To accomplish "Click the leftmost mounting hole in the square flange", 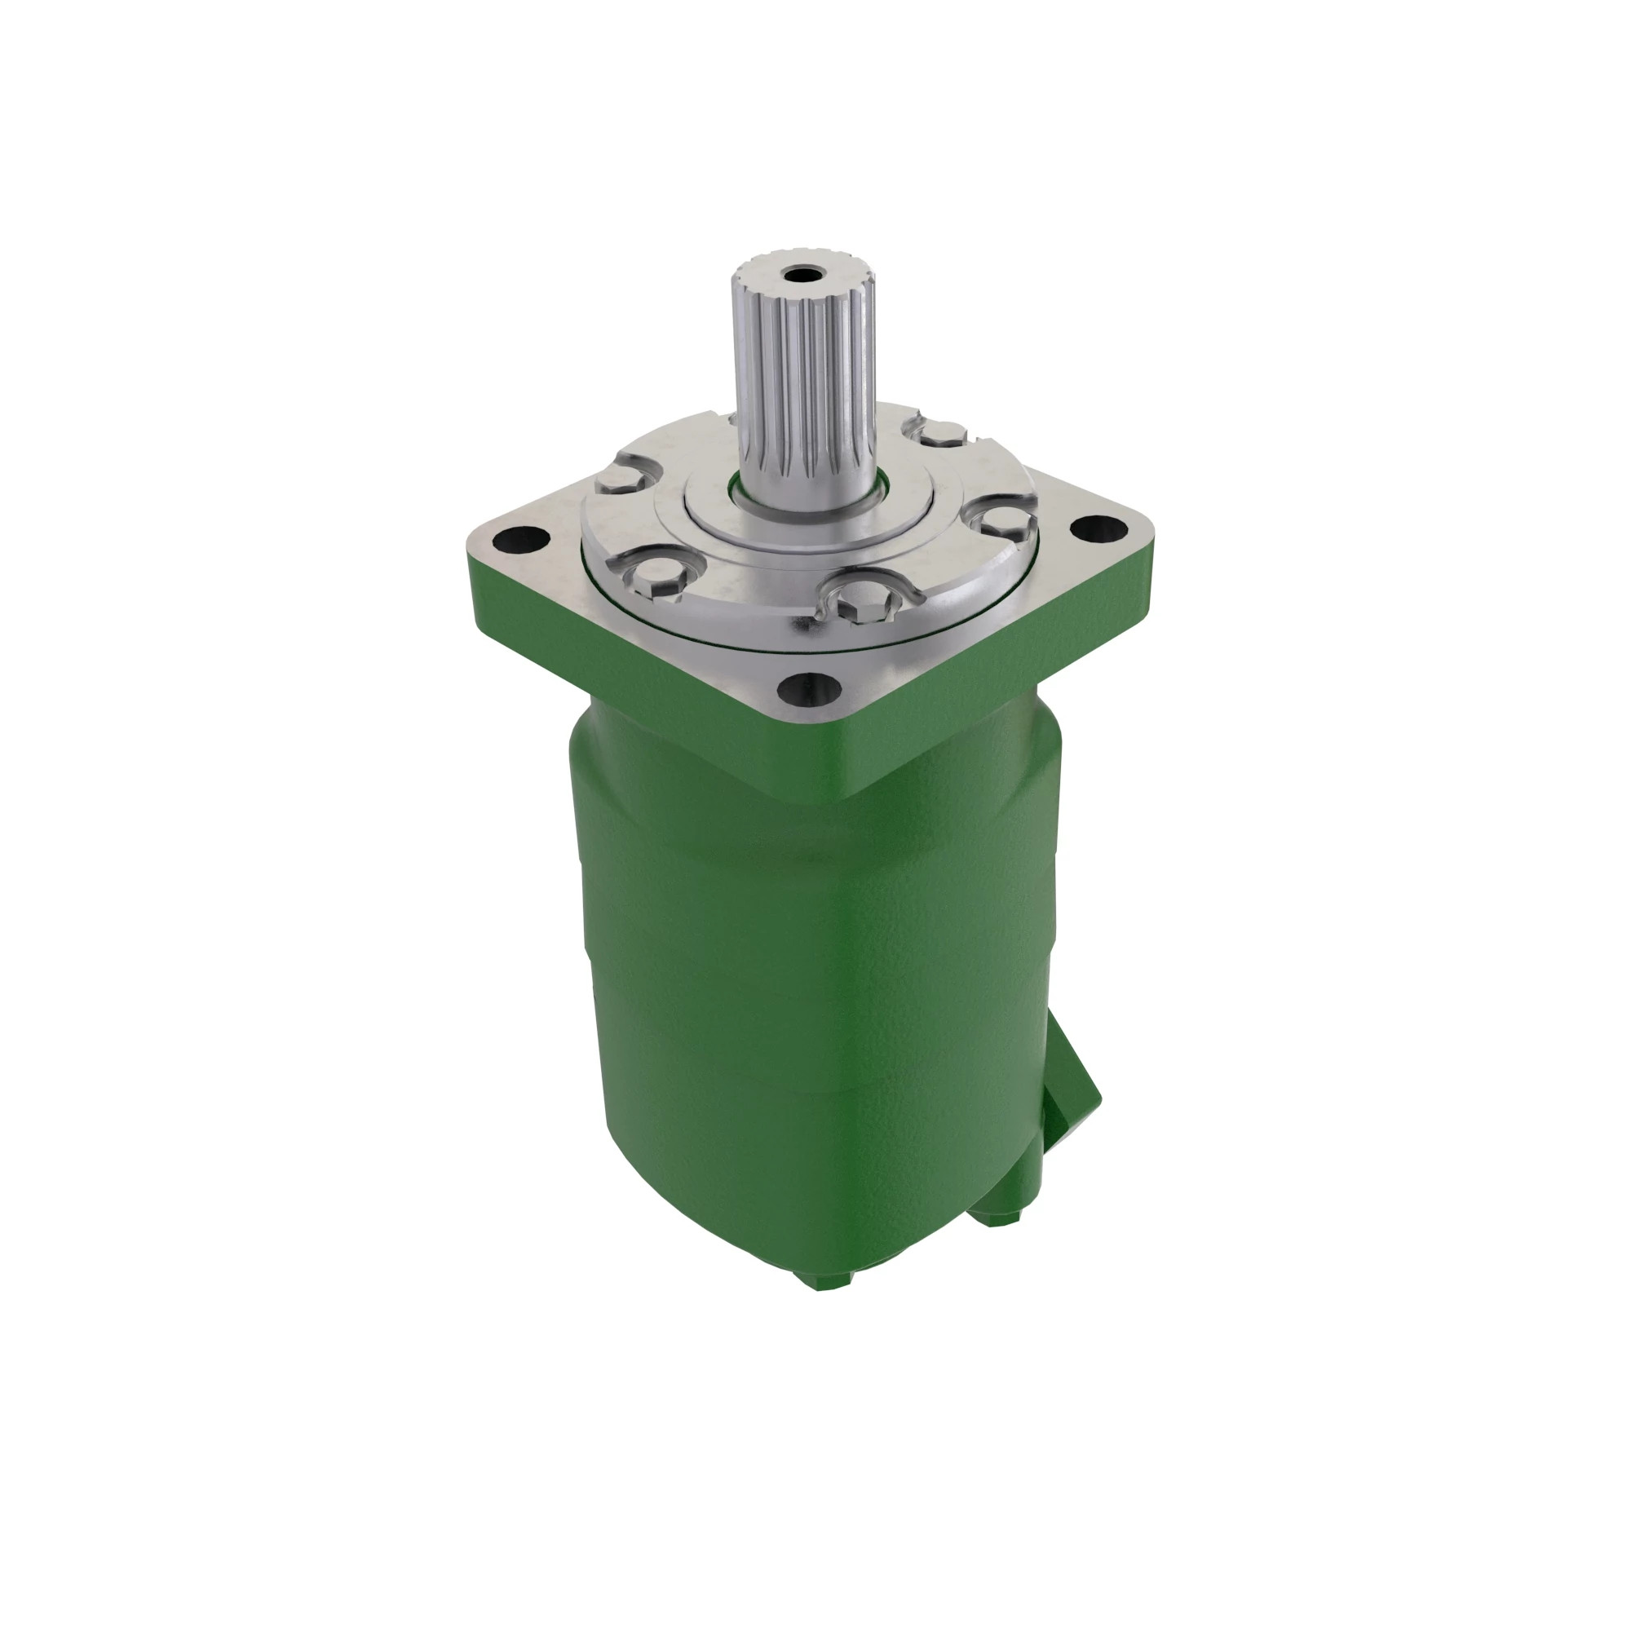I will tap(524, 537).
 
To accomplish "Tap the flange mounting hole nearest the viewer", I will tap(809, 689).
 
